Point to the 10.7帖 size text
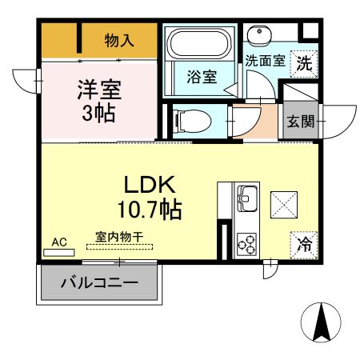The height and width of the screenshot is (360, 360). (150, 210)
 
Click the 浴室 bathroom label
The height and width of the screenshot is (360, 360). (200, 78)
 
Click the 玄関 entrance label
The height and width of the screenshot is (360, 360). (301, 122)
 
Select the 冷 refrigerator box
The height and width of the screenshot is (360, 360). (305, 241)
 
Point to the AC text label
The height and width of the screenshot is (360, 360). (58, 240)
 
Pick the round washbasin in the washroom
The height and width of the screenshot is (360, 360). (260, 35)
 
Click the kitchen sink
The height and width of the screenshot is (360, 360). (245, 195)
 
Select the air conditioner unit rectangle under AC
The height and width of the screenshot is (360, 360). (58, 252)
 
